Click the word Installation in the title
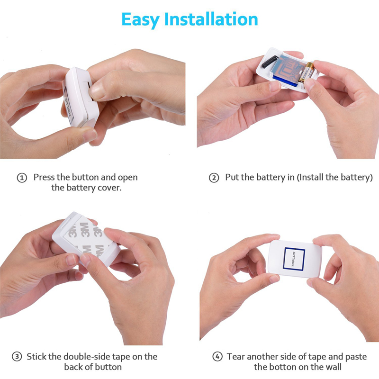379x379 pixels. [x=211, y=19]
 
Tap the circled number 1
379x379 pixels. [x=22, y=178]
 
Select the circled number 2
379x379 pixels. [x=214, y=178]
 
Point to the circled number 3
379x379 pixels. [x=17, y=357]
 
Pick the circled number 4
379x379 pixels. [x=217, y=357]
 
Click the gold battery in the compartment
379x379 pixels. [x=306, y=72]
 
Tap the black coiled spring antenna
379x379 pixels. [x=270, y=62]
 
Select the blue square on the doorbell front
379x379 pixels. [x=294, y=259]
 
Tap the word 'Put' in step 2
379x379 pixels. [x=232, y=177]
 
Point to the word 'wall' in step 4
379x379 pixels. [x=333, y=367]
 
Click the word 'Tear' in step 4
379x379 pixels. [x=235, y=357]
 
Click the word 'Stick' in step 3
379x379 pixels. [x=36, y=357]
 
